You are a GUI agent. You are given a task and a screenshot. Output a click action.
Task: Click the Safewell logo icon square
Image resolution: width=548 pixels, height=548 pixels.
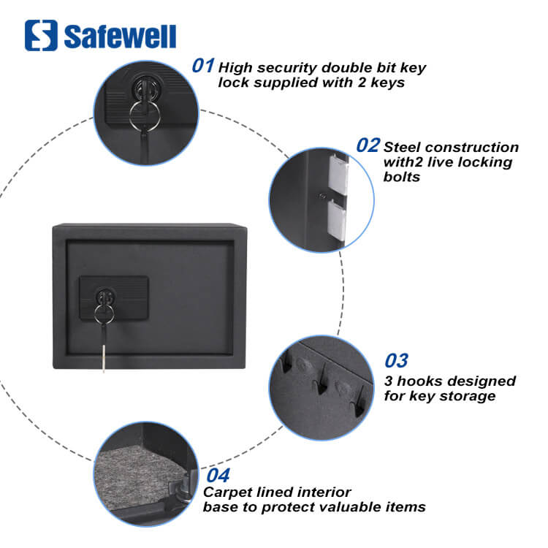click(41, 35)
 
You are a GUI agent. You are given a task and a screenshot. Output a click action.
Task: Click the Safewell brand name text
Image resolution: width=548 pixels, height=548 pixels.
click(120, 37)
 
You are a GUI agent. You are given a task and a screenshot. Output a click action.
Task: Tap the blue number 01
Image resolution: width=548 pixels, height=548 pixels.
click(203, 65)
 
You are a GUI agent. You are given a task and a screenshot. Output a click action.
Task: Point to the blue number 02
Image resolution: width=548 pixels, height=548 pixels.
click(368, 145)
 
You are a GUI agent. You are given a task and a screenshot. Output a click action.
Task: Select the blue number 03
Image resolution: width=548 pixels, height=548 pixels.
click(396, 361)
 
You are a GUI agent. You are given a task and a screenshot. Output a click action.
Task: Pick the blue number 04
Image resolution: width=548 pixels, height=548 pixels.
click(218, 476)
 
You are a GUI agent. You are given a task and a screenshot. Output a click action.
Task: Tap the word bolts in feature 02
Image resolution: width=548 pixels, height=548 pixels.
click(402, 177)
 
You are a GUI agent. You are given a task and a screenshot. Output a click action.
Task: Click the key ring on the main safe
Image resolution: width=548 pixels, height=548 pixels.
click(104, 313)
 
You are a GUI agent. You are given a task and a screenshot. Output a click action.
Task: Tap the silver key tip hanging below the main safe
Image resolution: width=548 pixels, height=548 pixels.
click(104, 357)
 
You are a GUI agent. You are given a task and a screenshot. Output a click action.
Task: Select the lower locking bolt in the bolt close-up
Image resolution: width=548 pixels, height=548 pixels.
click(337, 218)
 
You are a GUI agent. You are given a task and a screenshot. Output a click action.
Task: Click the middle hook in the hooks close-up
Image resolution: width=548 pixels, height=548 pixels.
click(321, 381)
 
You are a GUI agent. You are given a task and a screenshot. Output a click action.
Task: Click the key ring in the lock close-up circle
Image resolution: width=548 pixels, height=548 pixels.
click(145, 115)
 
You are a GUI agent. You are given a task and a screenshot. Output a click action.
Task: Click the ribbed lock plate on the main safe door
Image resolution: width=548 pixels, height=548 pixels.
click(114, 298)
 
